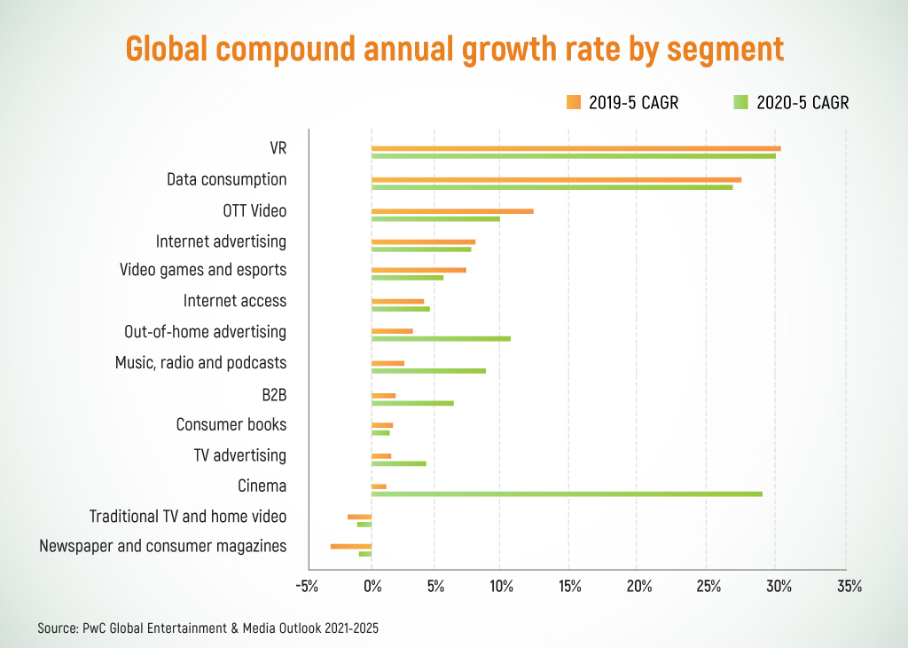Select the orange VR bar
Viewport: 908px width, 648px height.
[x=575, y=148]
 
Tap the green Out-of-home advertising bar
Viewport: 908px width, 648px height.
[x=441, y=338]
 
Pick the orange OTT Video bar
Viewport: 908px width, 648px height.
[x=452, y=211]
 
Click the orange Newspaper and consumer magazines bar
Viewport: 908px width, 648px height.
[x=351, y=546]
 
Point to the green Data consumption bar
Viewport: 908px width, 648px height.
[x=552, y=187]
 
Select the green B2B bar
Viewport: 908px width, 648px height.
[x=412, y=403]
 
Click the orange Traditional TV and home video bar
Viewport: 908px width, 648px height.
[x=359, y=516]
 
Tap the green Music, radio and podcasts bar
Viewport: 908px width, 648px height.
[x=428, y=370]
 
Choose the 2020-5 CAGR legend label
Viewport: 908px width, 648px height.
[x=802, y=103]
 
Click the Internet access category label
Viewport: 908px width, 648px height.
[x=235, y=301]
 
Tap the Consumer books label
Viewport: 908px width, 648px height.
[x=231, y=424]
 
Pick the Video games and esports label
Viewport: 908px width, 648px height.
[x=203, y=270]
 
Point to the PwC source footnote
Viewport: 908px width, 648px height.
[x=208, y=628]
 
